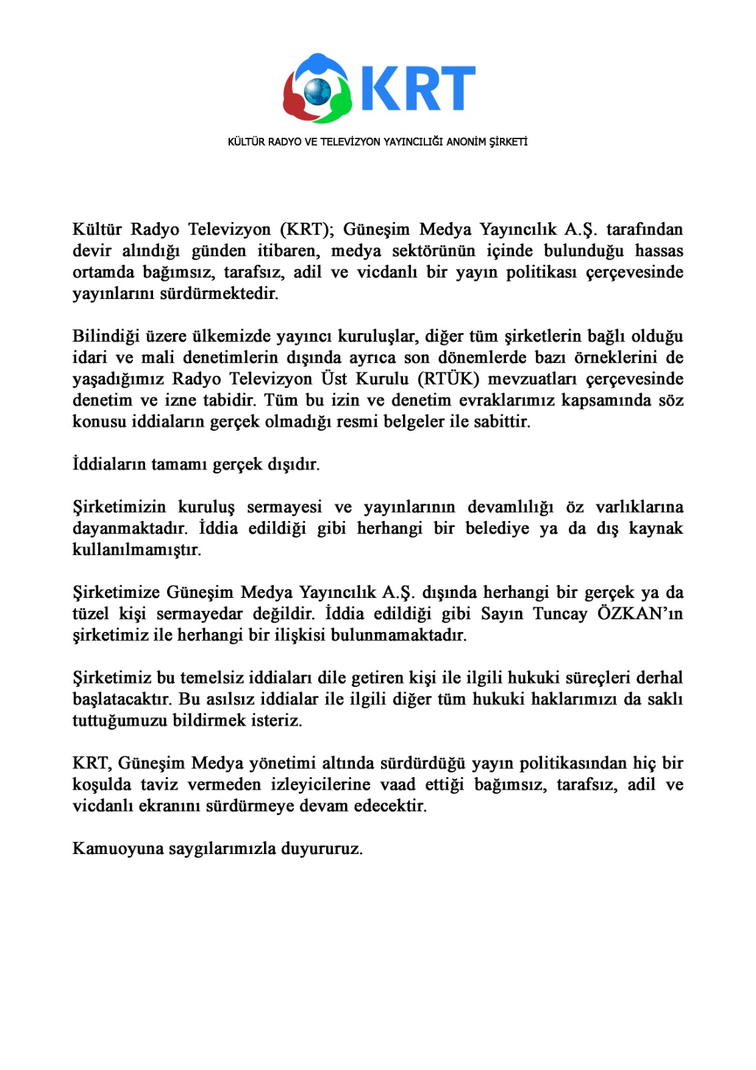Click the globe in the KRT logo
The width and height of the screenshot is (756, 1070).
click(x=318, y=90)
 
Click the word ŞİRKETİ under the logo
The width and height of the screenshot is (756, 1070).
click(x=509, y=142)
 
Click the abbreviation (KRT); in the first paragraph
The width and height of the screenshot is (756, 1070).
click(x=307, y=229)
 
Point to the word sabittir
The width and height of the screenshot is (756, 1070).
click(x=501, y=422)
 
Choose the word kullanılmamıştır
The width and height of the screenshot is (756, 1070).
click(x=136, y=550)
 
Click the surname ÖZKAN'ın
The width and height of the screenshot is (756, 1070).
click(x=640, y=614)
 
